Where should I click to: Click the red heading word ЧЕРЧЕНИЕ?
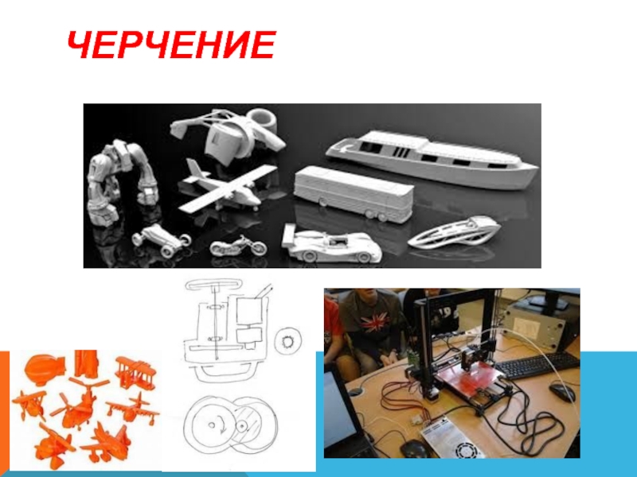[x=171, y=45]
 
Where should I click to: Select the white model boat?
[x=432, y=160]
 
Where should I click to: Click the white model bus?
[x=354, y=194]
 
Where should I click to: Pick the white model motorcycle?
[x=238, y=246]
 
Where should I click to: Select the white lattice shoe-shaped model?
[x=454, y=232]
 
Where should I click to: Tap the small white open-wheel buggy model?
[x=162, y=240]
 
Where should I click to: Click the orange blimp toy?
[x=44, y=369]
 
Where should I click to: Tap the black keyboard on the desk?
[x=537, y=366]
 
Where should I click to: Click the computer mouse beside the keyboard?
[x=562, y=392]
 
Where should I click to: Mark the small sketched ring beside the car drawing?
[x=288, y=342]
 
